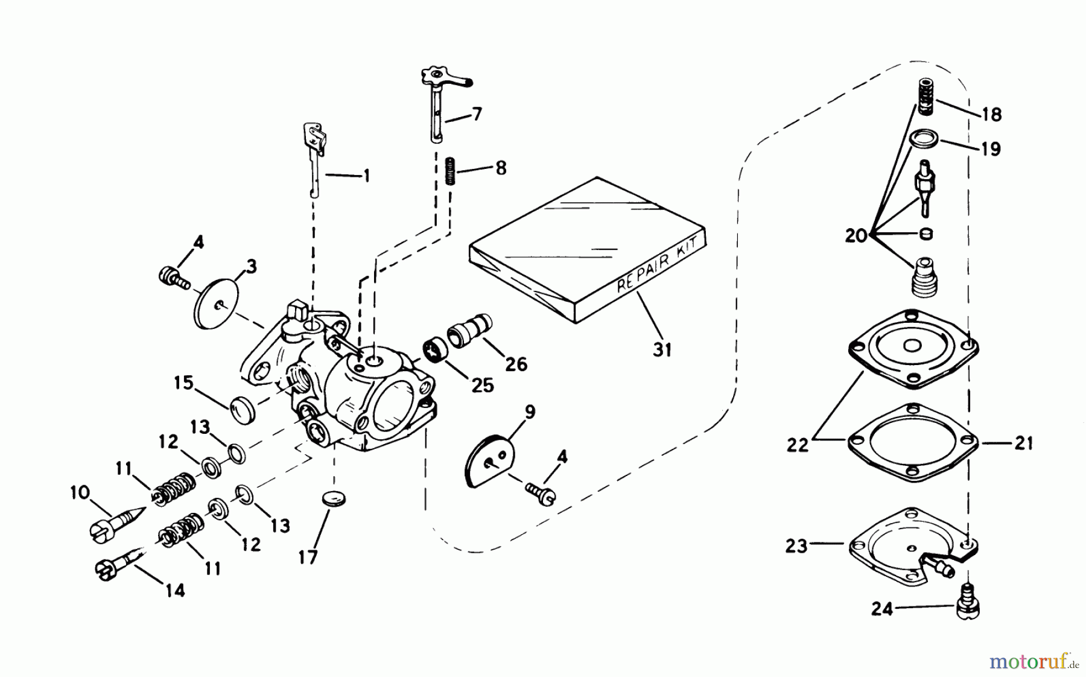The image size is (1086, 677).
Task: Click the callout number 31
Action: coord(662,349)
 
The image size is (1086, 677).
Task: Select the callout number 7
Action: coord(477,113)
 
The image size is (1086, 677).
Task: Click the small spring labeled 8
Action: coord(449,171)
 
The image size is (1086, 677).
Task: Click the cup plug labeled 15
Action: coord(243,410)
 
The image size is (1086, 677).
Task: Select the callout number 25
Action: coord(483,384)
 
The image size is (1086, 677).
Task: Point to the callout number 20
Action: coord(856,235)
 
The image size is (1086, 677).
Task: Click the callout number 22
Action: coord(797,445)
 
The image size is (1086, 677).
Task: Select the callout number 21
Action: coord(1023,443)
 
